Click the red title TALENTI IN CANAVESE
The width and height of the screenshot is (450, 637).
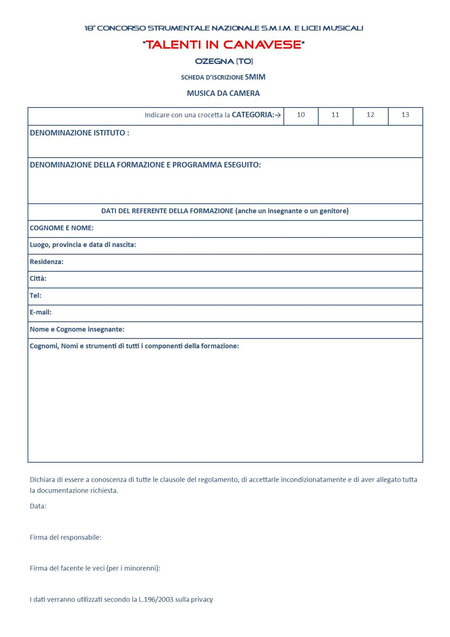[224, 45]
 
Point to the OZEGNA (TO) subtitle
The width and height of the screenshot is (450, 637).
[224, 61]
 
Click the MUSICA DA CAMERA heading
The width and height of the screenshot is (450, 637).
[223, 93]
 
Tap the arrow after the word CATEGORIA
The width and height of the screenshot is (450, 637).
[278, 115]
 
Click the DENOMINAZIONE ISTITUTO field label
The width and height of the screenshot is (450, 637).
[79, 133]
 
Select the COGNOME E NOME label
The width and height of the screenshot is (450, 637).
[61, 228]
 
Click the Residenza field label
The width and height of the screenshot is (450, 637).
[46, 262]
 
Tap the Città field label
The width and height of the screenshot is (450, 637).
[38, 278]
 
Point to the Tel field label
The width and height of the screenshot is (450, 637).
[35, 296]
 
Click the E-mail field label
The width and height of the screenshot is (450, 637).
[40, 312]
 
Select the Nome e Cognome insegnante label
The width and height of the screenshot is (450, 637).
[77, 329]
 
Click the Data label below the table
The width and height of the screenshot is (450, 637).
[38, 506]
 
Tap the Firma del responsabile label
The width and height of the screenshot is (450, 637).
[65, 537]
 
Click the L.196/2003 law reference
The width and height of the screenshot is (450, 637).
[156, 599]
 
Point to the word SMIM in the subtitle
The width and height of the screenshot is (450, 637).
[255, 77]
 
